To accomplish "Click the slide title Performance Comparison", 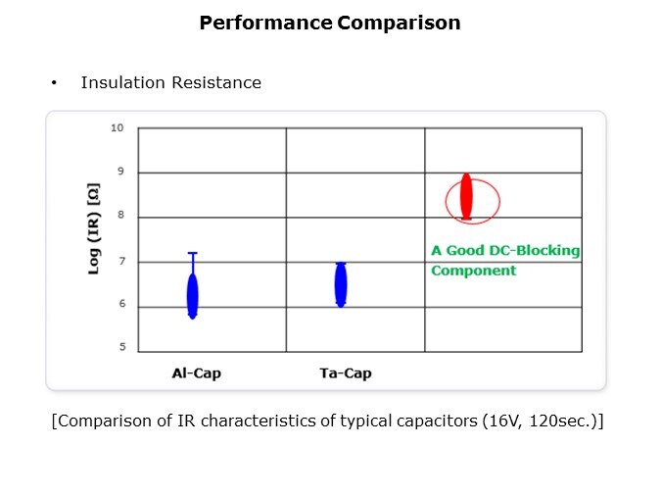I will (x=330, y=23).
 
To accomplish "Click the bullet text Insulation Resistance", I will (x=170, y=83).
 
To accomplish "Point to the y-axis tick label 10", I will (x=117, y=127).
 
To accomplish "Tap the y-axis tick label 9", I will (x=119, y=172).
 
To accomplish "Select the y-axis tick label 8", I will (x=119, y=216).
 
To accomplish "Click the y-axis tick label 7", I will (x=119, y=261).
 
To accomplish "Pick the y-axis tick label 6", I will (x=119, y=305).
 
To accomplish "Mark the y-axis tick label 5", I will (x=119, y=347).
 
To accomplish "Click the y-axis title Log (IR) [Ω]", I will (x=95, y=238).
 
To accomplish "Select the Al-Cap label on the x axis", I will (x=196, y=373).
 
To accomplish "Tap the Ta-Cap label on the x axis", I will (x=345, y=373).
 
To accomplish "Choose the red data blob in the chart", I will (x=466, y=197).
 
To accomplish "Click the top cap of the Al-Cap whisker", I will (x=193, y=253).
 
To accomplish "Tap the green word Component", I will (x=473, y=270).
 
